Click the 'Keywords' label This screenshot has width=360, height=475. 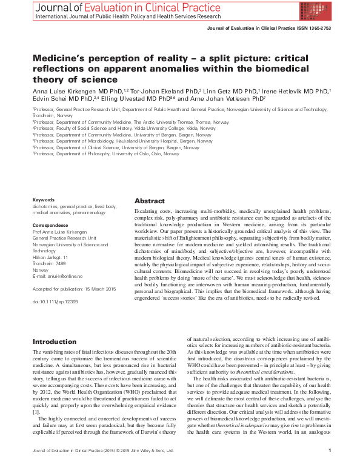coord(44,199)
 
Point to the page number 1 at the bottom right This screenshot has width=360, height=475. coord(328,467)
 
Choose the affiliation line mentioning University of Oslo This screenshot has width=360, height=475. coord(107,154)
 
